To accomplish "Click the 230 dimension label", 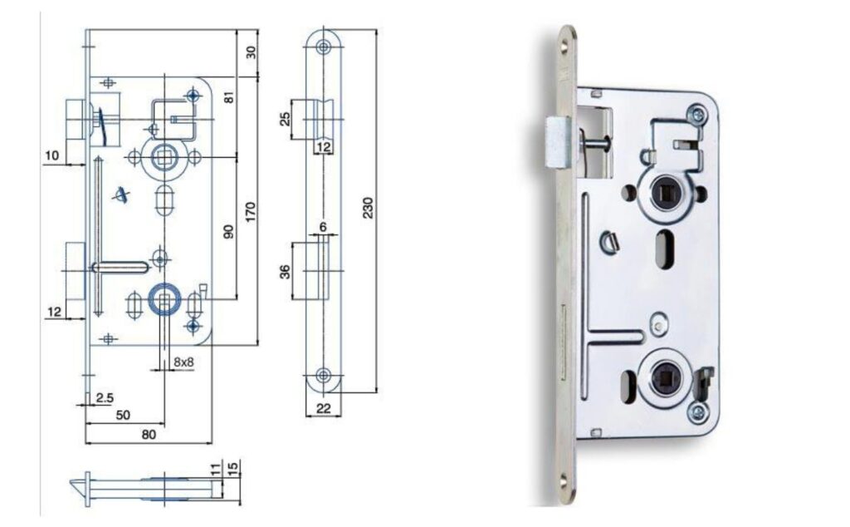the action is [x=368, y=208].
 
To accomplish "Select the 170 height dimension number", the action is [x=250, y=213].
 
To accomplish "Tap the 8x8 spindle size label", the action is [x=183, y=362].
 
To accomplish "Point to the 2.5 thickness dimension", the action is [x=105, y=398].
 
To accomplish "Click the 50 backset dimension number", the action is [x=123, y=415].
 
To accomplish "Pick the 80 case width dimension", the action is [x=149, y=434].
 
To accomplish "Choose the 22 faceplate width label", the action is [x=323, y=408].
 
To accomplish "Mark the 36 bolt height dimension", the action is [x=286, y=271].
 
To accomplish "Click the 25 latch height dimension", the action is [x=286, y=119].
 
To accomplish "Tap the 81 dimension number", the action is [x=229, y=98].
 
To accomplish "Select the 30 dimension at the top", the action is [x=251, y=52].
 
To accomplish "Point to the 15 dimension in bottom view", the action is [x=233, y=467].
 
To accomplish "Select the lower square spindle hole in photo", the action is [x=662, y=375].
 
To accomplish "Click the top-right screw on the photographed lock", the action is [x=696, y=115].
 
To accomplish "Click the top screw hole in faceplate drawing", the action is [x=324, y=47].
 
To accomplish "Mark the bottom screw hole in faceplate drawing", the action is [x=324, y=375].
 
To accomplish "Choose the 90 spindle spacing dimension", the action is [x=229, y=231].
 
